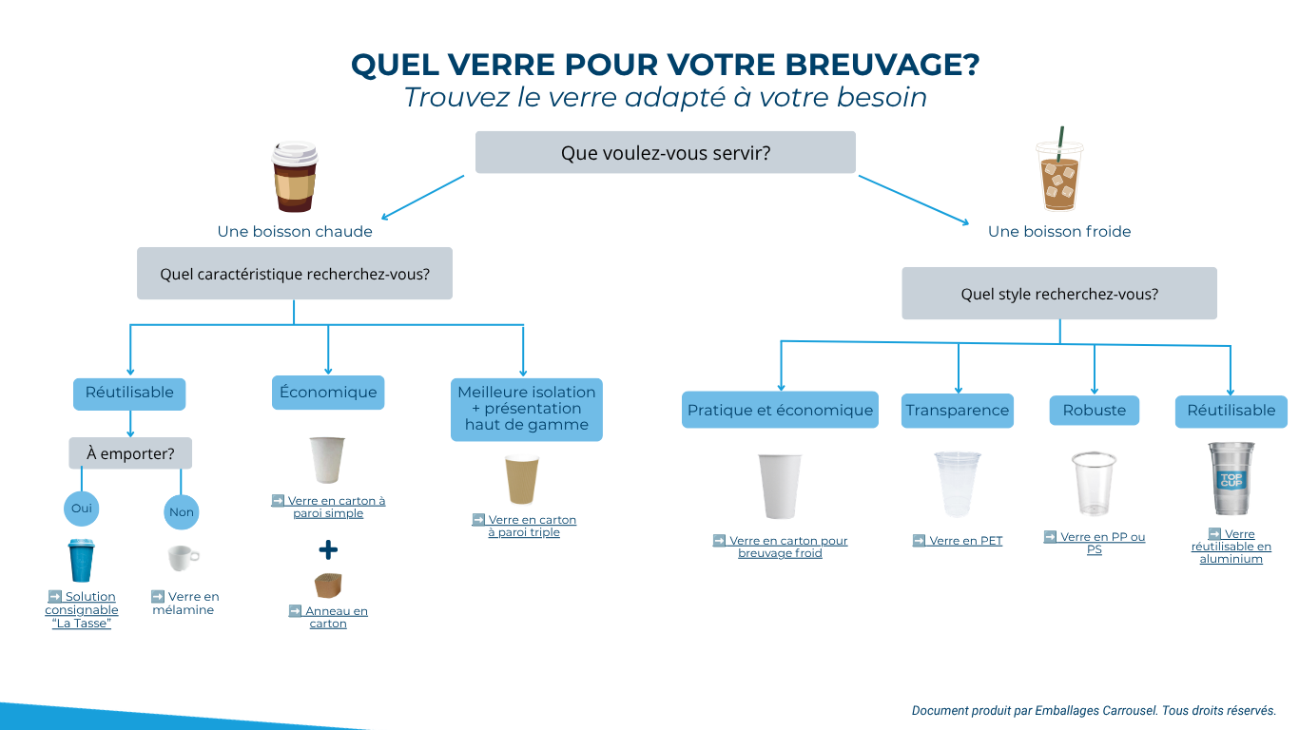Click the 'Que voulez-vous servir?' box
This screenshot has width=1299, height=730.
(x=665, y=152)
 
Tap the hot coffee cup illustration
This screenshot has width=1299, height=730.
(x=295, y=176)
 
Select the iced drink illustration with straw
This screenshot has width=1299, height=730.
(x=1059, y=170)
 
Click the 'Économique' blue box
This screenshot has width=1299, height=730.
(x=328, y=393)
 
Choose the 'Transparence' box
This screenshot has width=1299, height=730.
(x=958, y=411)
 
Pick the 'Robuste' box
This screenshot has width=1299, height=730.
(x=1095, y=411)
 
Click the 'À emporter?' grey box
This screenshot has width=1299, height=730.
(x=130, y=453)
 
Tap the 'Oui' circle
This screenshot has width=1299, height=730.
(x=81, y=509)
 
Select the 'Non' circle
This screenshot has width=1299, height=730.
(x=182, y=512)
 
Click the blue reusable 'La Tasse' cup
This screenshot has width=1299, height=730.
(x=81, y=560)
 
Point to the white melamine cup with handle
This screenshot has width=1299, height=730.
(x=184, y=558)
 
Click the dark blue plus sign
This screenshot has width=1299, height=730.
(x=328, y=549)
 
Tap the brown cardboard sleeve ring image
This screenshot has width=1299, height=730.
(x=328, y=586)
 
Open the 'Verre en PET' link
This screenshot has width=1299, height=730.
(x=958, y=541)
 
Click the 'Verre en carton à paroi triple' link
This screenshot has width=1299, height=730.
(x=524, y=526)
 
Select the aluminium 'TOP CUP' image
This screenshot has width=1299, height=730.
(x=1231, y=478)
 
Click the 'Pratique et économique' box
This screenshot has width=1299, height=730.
(x=780, y=410)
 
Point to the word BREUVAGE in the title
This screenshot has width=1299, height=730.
(x=882, y=65)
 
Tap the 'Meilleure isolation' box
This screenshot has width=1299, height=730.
(x=527, y=410)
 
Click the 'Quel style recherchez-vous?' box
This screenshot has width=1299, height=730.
(x=1059, y=294)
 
